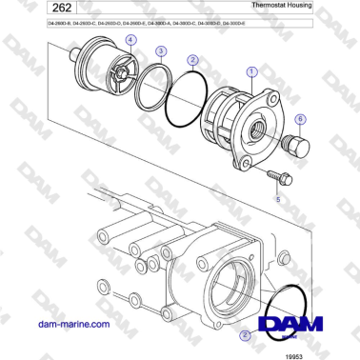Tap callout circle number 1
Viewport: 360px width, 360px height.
tap(250, 70)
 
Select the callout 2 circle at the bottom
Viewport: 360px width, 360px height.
tap(246, 334)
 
